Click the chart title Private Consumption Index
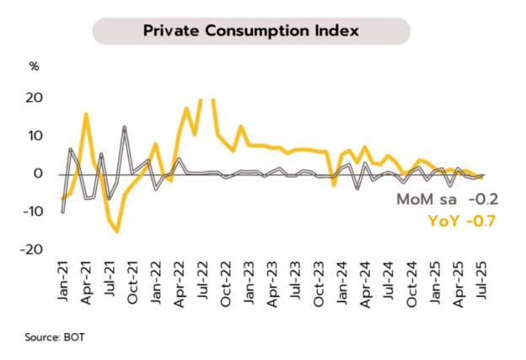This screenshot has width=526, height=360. click(251, 30)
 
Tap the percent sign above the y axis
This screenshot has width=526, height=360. click(34, 66)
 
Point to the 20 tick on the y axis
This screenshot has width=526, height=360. click(34, 97)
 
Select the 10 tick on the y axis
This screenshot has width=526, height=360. click(35, 135)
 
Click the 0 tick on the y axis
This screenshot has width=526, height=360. click(38, 174)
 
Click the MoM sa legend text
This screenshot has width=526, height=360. click(428, 201)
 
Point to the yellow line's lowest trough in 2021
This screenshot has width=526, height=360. click(116, 231)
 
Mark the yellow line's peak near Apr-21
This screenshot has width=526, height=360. click(86, 114)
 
